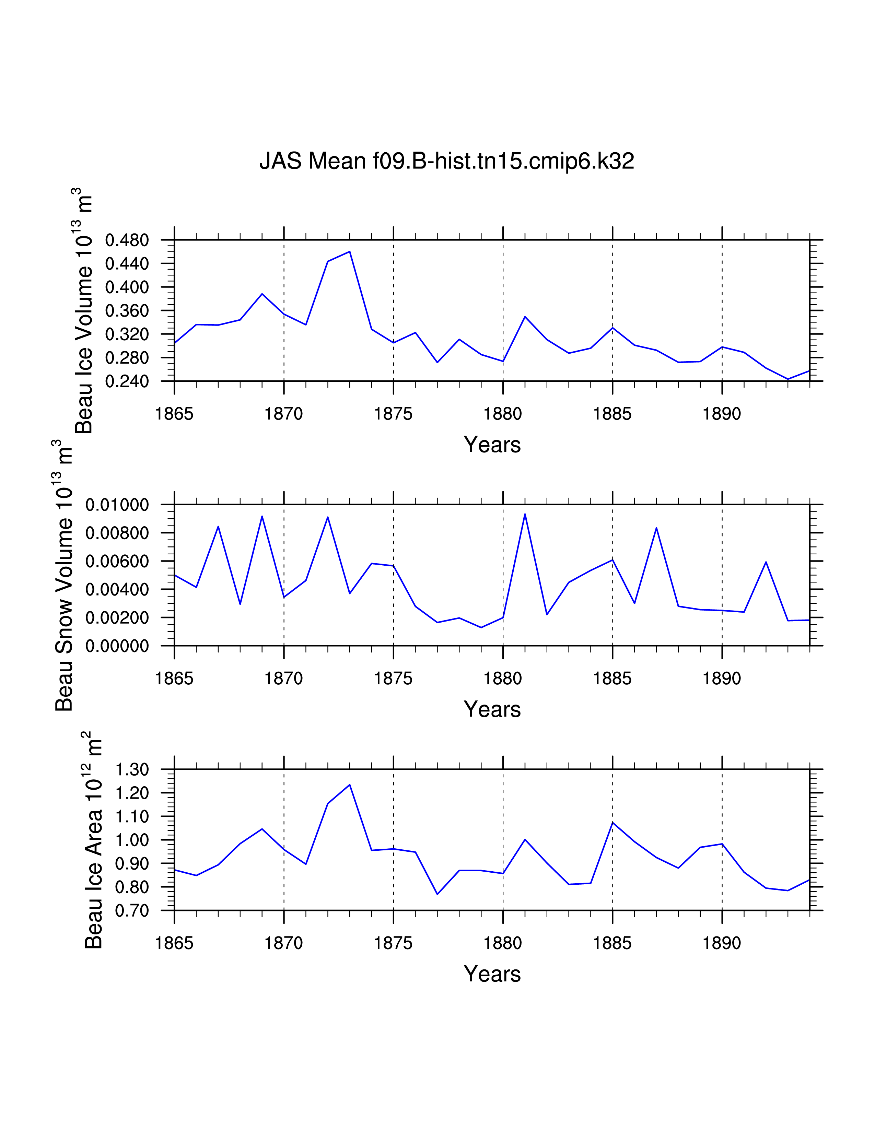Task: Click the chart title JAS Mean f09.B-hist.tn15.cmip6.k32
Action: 446,161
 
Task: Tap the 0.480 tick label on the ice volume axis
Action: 127,240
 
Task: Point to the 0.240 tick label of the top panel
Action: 127,381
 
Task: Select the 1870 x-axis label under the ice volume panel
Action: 283,414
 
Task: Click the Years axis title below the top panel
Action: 492,445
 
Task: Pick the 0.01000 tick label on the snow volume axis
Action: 117,505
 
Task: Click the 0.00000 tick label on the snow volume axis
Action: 117,646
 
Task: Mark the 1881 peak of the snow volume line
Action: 525,514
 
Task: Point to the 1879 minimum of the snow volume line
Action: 481,628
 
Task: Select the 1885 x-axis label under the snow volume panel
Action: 612,679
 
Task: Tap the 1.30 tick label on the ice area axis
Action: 132,770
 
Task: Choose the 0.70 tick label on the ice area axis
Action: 132,911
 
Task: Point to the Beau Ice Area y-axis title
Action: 93,840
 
